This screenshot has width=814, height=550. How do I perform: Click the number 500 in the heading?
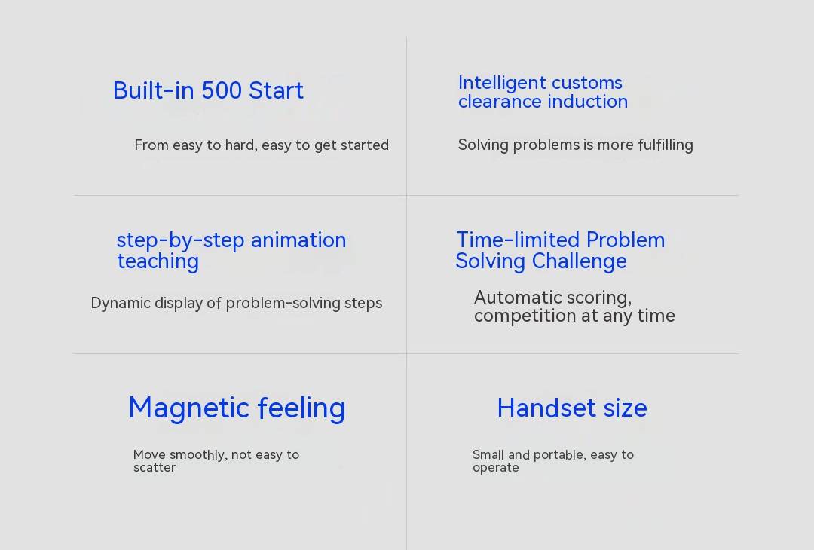click(x=221, y=91)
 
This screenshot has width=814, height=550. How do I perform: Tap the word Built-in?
click(x=154, y=91)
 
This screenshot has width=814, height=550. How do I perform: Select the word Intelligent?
click(x=502, y=83)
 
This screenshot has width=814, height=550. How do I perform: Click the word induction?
click(x=588, y=102)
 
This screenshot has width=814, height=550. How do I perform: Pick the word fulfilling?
click(x=666, y=145)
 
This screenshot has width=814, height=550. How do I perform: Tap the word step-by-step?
click(x=180, y=241)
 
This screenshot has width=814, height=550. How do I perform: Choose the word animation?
click(x=298, y=240)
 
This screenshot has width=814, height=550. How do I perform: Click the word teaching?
click(x=158, y=261)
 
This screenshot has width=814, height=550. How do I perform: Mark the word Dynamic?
click(x=121, y=304)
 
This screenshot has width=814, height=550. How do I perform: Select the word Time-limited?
click(x=518, y=240)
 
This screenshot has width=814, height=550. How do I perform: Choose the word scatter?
click(x=155, y=467)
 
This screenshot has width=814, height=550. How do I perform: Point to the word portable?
click(x=559, y=455)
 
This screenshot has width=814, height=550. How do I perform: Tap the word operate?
click(x=496, y=468)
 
